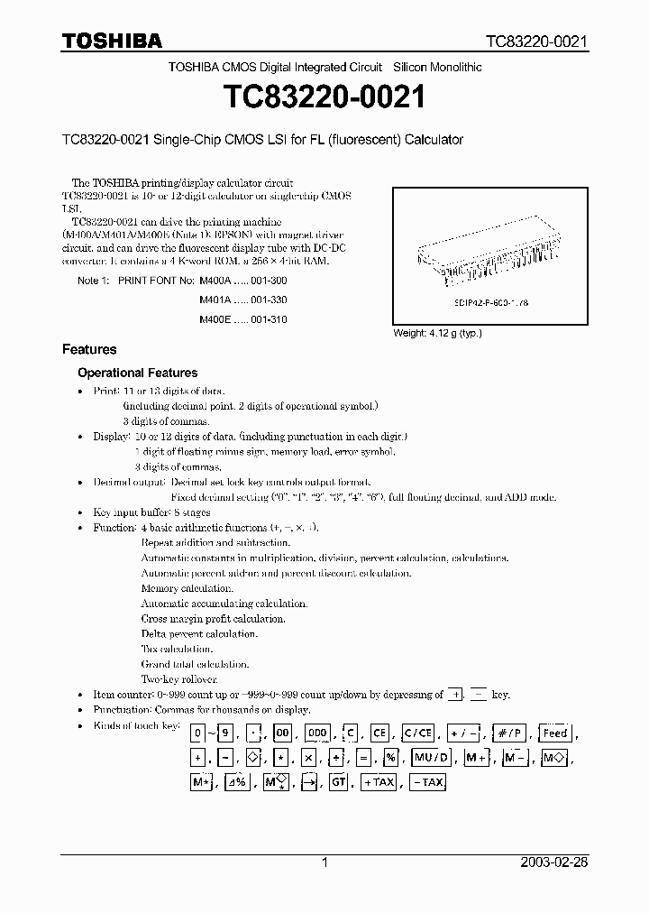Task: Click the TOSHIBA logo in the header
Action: click(113, 41)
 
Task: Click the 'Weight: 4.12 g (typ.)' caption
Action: click(437, 333)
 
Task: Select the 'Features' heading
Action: click(89, 349)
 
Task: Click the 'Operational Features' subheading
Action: click(137, 373)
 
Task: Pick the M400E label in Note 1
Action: click(215, 319)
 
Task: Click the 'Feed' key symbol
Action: click(554, 733)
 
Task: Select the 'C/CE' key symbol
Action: click(418, 733)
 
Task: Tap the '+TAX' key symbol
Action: click(379, 783)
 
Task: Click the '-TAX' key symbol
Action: click(427, 783)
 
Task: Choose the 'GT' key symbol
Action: click(338, 783)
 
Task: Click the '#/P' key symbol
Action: click(512, 733)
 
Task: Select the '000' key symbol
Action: click(317, 733)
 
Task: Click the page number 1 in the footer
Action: click(324, 862)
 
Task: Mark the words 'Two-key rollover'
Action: click(179, 678)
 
